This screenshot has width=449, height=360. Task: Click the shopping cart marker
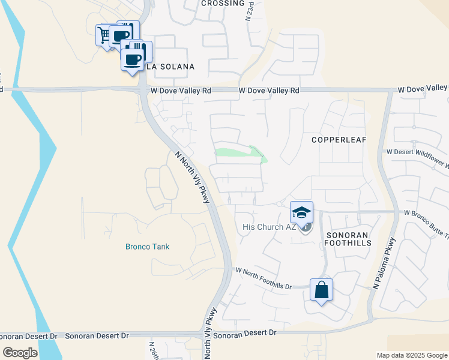point(104,35)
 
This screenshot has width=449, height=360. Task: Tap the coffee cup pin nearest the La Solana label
point(133,59)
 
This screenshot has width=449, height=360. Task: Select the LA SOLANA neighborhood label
point(170,67)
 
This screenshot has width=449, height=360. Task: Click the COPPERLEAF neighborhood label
point(339,139)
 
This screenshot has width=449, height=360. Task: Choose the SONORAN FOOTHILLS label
point(348,238)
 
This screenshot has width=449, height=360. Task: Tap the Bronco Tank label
point(148,247)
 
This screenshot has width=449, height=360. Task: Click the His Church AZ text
point(270,227)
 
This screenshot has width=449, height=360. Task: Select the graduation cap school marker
point(301,212)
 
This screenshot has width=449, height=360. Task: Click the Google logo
point(20,353)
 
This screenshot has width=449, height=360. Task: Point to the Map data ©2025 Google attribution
point(411,355)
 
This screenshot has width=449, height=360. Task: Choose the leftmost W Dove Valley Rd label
point(181,91)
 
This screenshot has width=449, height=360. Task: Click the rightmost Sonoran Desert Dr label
point(244,332)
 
